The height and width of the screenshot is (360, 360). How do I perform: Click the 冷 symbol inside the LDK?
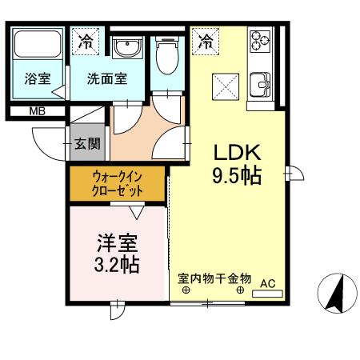click(x=205, y=41)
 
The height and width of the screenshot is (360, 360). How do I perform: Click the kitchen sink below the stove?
click(x=261, y=83)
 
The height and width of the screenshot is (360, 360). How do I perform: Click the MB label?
click(x=37, y=111)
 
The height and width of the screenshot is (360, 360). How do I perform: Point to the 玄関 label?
click(x=86, y=145)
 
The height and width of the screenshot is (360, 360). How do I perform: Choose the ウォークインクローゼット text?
click(x=117, y=184)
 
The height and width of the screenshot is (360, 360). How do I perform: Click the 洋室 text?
click(x=117, y=241)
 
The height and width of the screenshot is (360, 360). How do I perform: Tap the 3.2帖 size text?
click(x=117, y=264)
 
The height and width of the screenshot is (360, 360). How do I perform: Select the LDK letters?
click(x=237, y=152)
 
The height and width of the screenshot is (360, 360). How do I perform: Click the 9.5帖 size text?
click(x=237, y=176)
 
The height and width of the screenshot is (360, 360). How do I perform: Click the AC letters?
click(x=267, y=282)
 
